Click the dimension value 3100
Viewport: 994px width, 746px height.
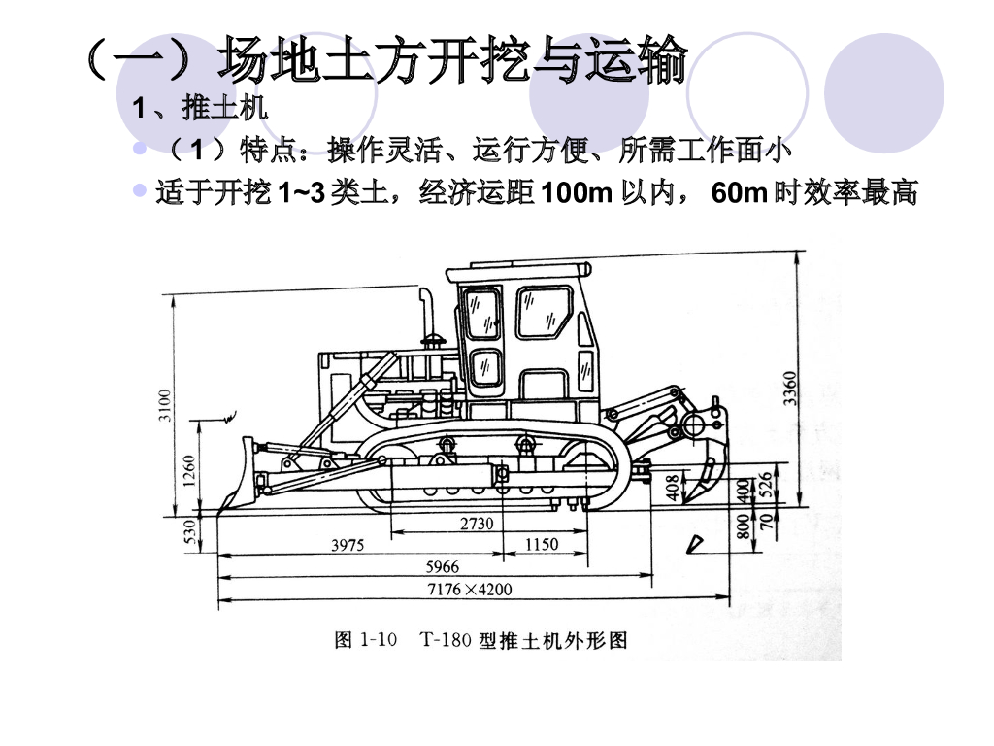coord(165,405)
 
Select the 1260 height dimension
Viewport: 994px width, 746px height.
coord(190,474)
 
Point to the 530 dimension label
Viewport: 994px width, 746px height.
coord(190,530)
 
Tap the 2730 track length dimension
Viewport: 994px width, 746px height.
coord(476,524)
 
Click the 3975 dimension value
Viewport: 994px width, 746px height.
coord(348,546)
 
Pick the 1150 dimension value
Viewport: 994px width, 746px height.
coord(542,544)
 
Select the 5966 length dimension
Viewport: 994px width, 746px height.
coord(443,566)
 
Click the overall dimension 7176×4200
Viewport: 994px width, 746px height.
coord(470,589)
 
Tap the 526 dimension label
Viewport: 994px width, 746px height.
coord(765,484)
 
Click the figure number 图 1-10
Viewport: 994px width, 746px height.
coord(366,640)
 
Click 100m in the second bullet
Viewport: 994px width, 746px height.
coord(576,193)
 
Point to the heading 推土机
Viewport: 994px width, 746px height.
coord(224,108)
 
